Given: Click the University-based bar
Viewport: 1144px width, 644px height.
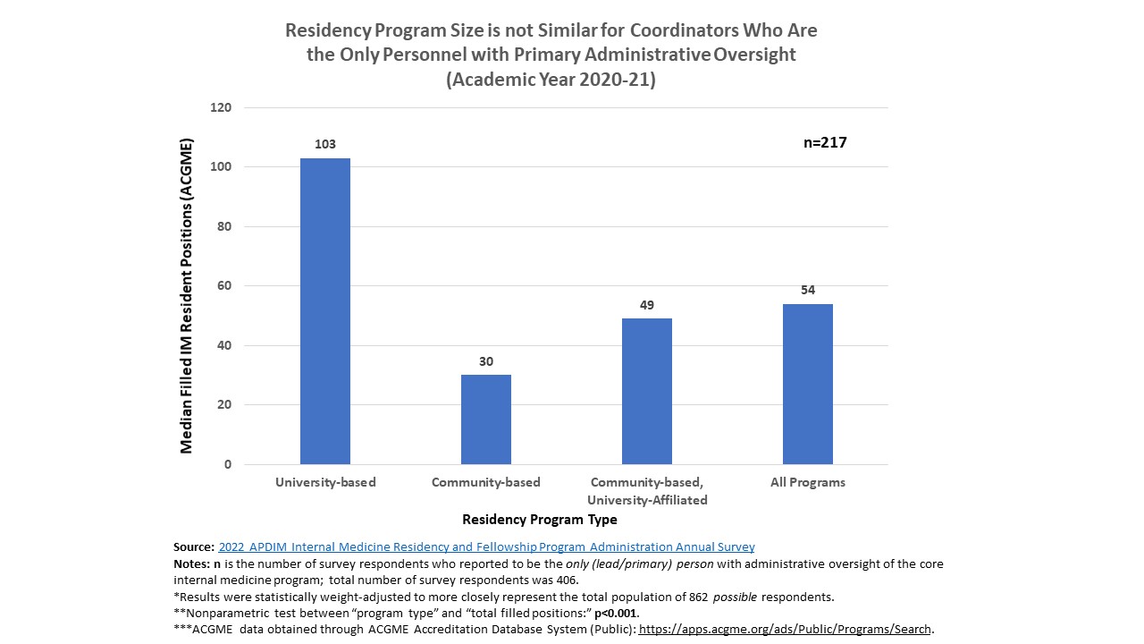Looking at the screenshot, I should point(325,311).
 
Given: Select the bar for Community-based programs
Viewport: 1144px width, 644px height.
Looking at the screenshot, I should point(486,419).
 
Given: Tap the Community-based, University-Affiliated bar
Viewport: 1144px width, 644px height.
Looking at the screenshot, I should point(647,391).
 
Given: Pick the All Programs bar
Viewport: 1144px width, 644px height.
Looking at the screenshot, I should point(808,384).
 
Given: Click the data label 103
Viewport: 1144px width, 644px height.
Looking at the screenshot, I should point(325,144).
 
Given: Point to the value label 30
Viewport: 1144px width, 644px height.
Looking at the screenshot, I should point(486,361).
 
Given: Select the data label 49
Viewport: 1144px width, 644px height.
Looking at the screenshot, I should point(647,305).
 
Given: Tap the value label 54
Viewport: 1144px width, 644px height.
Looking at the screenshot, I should point(808,290).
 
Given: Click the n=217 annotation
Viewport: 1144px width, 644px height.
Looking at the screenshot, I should point(825,142).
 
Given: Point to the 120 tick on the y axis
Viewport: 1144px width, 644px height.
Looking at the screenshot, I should point(221,108).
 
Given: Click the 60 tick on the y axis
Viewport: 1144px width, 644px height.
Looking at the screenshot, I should point(224,286).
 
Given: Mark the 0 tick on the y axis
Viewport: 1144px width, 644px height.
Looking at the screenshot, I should point(228,464).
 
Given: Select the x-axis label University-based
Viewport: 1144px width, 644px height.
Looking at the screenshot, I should point(325,482).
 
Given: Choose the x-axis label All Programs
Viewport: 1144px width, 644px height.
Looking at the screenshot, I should point(808,482).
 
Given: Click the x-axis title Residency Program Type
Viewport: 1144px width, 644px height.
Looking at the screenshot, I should point(539,520).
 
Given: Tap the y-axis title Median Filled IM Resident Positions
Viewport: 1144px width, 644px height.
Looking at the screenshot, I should point(187,295).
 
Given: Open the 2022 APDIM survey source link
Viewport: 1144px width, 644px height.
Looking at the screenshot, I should point(486,547).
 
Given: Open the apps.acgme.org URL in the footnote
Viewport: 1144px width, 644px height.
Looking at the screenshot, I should point(785,629).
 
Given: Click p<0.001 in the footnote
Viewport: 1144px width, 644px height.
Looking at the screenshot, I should point(616,613).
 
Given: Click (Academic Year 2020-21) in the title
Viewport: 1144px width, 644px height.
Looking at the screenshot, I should point(551,80).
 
